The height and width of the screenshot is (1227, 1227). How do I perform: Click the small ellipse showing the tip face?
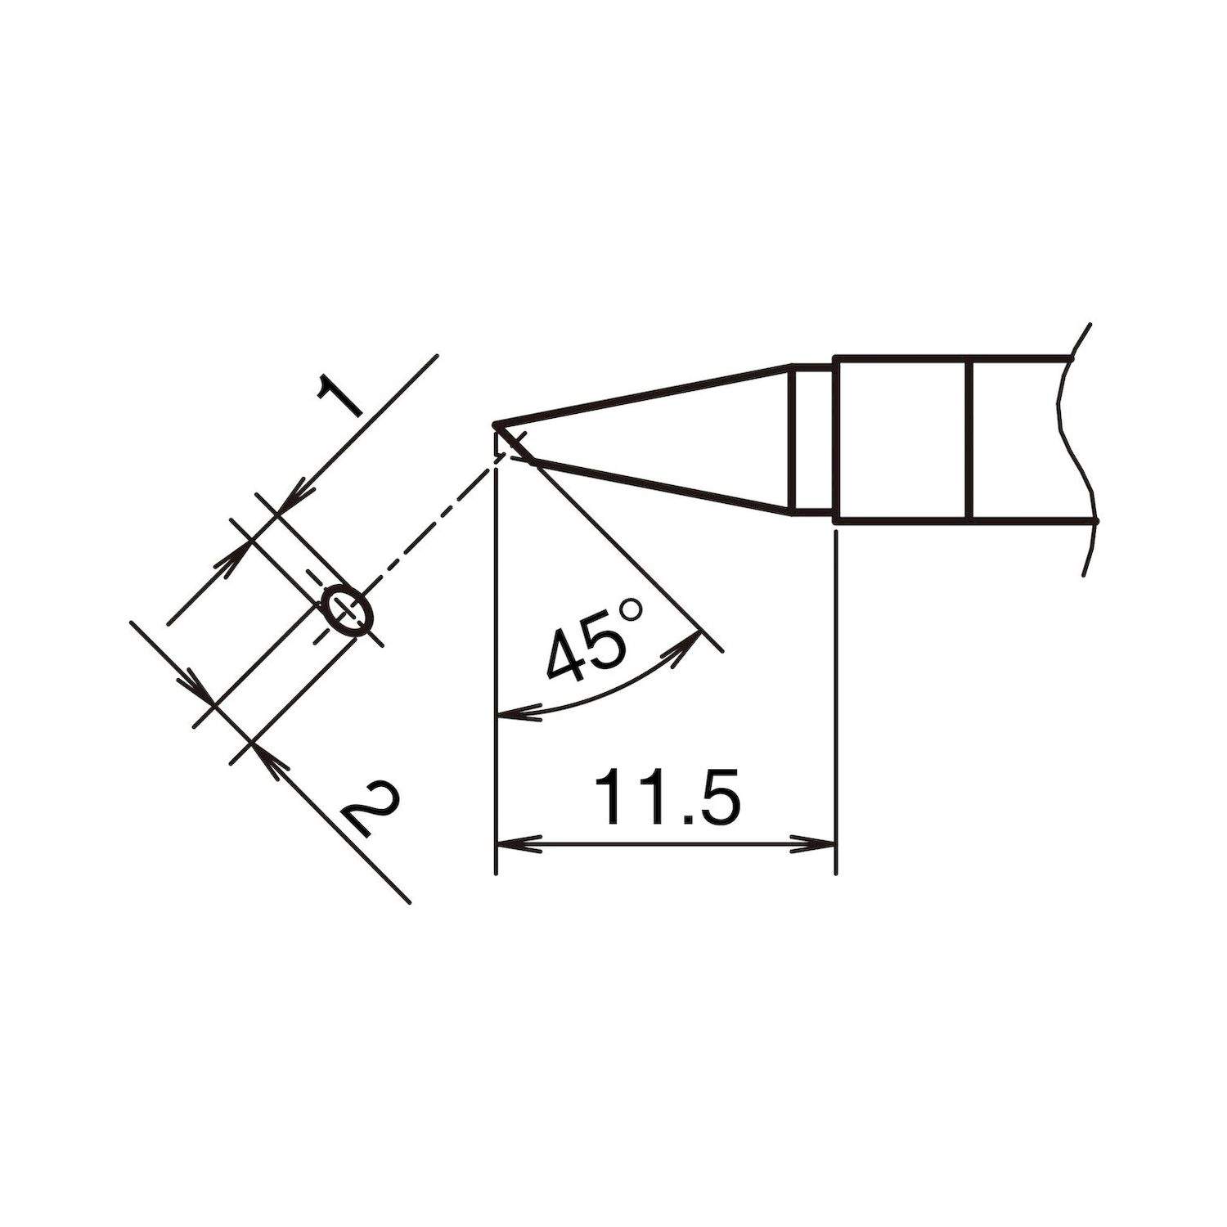(348, 610)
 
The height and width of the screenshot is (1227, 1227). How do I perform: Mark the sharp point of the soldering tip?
(495, 425)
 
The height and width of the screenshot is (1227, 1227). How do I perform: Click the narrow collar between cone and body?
(813, 440)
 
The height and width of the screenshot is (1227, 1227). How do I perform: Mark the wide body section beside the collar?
(900, 439)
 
